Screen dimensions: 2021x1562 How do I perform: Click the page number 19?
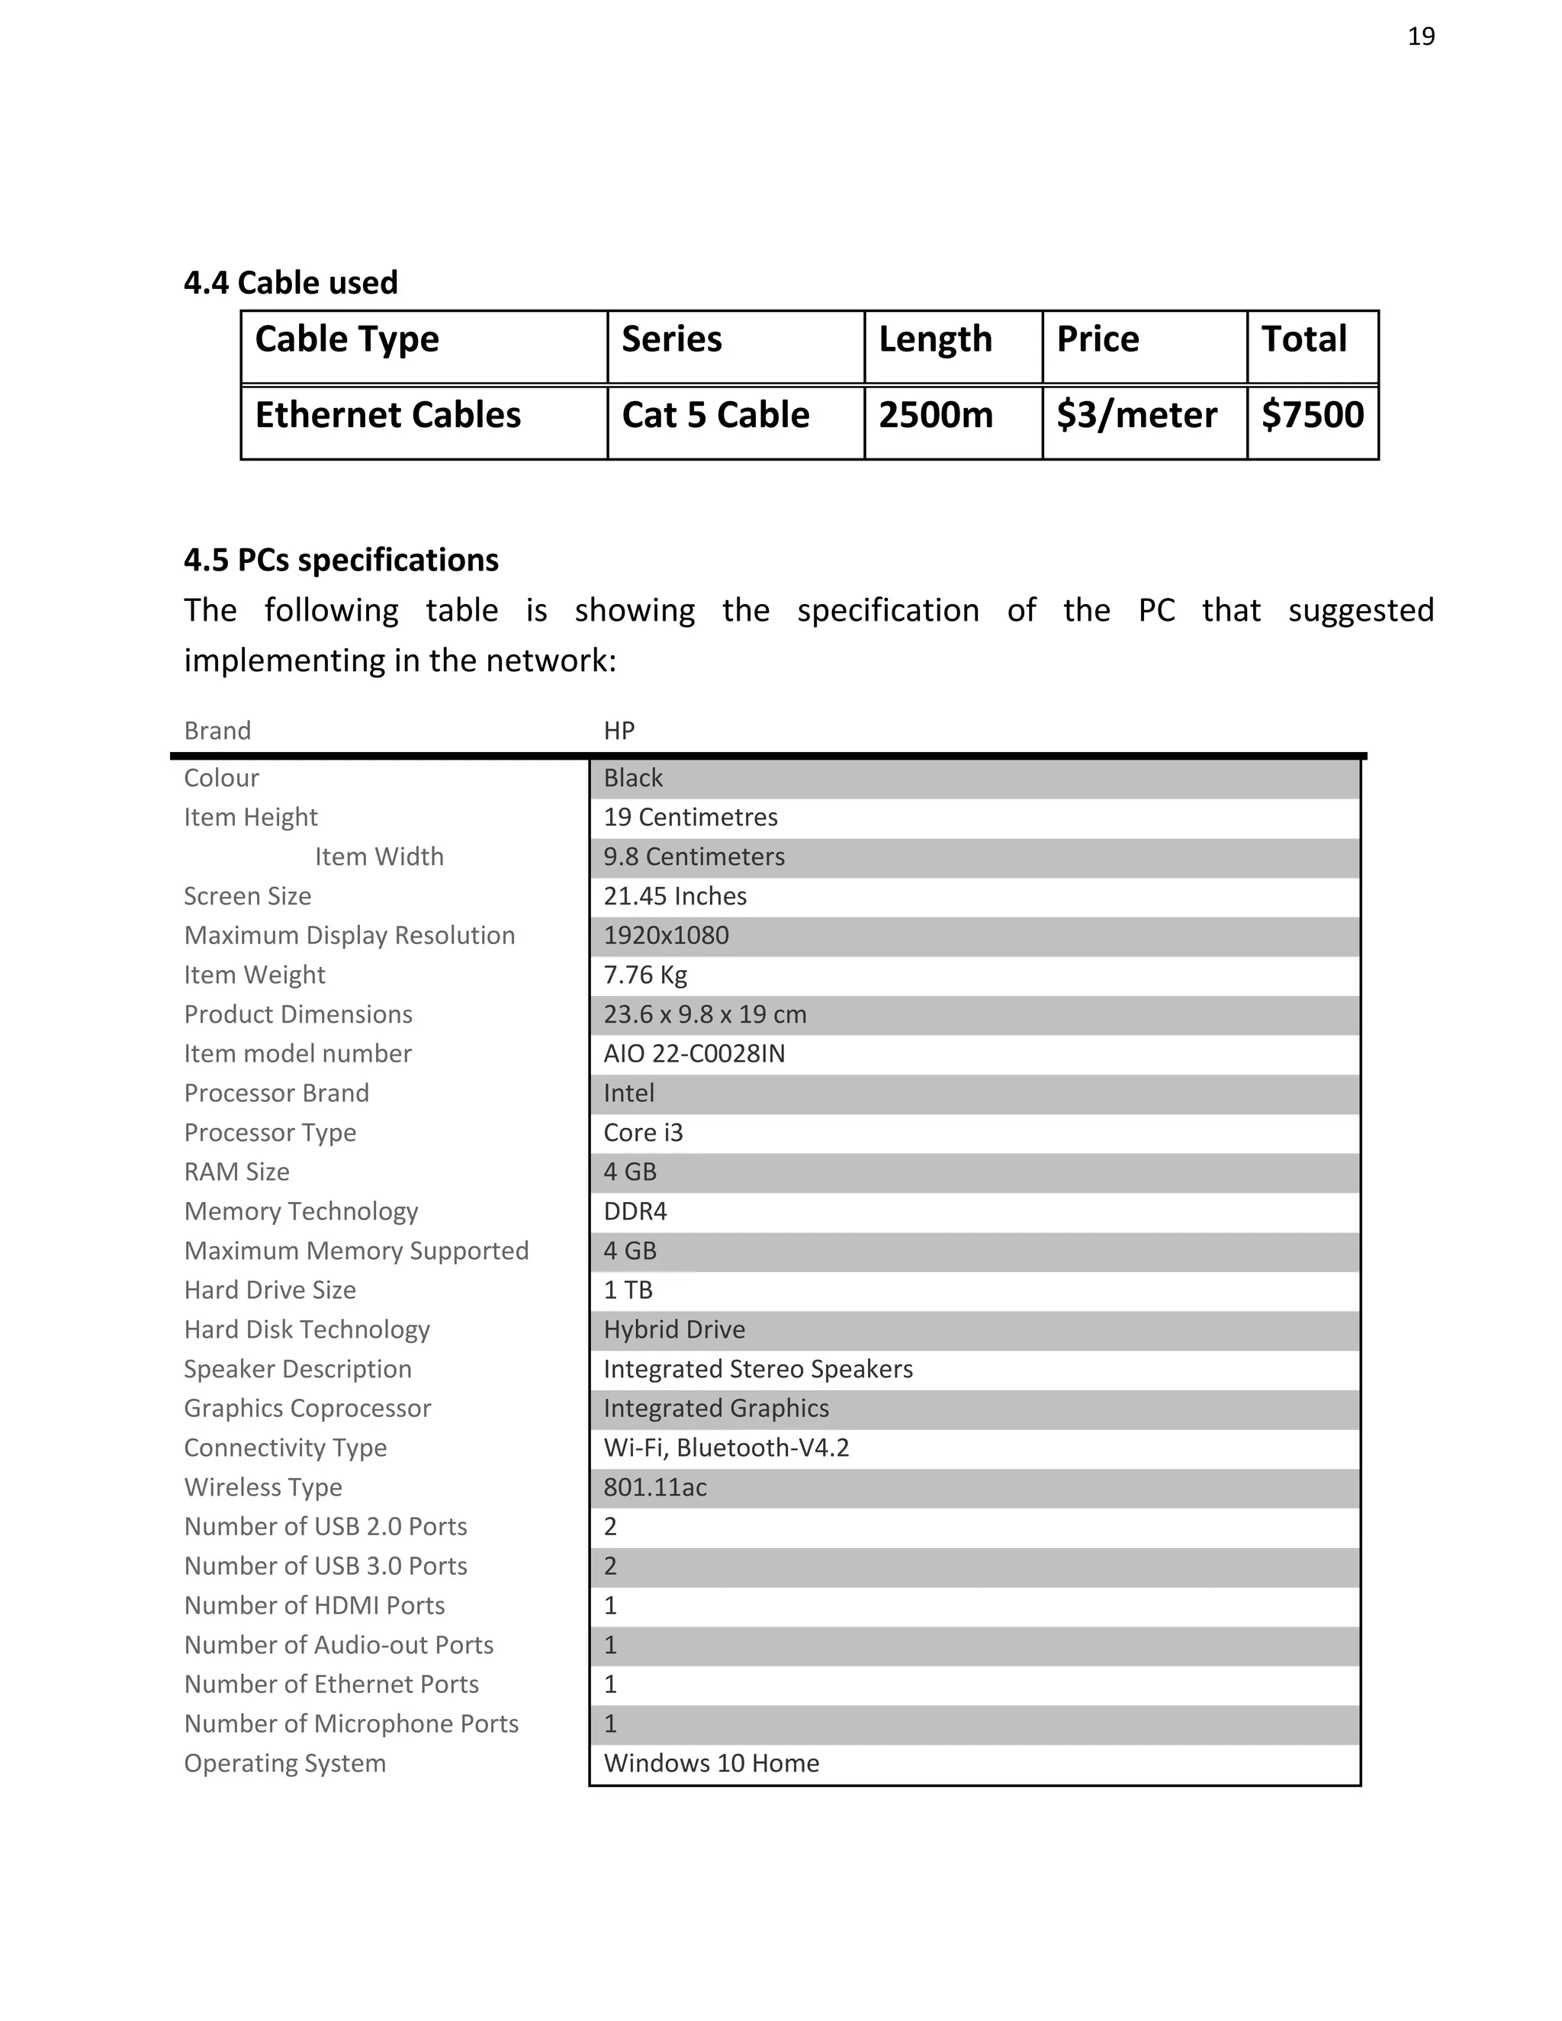tap(1420, 36)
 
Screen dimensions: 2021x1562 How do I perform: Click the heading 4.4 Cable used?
tap(291, 282)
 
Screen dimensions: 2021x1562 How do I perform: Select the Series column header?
tap(671, 339)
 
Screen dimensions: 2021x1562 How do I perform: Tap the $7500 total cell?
tap(1311, 415)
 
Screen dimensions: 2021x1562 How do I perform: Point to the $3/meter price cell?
tap(1136, 415)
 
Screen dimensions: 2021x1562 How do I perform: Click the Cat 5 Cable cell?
tap(715, 415)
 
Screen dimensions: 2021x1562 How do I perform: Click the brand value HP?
tap(619, 731)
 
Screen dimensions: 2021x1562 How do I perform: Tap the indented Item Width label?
tap(378, 857)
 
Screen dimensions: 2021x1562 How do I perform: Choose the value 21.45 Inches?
tap(674, 896)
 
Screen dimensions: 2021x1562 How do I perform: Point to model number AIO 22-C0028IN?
tap(693, 1054)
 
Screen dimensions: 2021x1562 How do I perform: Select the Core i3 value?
tap(642, 1133)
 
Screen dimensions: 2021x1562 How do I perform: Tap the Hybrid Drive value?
tap(673, 1330)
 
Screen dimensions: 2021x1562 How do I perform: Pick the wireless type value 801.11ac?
tap(654, 1487)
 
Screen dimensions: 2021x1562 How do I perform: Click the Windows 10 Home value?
tap(711, 1762)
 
